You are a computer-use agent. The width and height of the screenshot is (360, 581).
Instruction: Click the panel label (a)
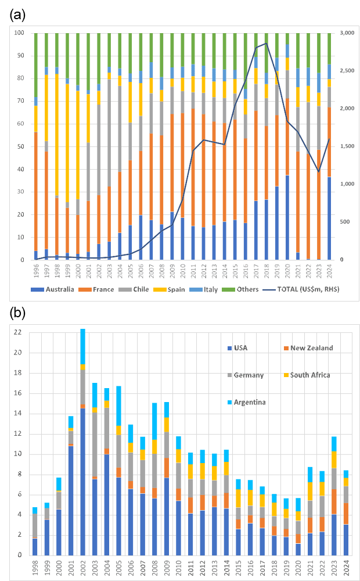17,16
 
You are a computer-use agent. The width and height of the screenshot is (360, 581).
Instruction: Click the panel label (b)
17,314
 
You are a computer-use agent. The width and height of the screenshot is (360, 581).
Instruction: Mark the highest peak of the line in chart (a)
266,44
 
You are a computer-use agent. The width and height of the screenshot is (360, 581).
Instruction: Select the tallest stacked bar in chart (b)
82,442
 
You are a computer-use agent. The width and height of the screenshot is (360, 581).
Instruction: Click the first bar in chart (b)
35,532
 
